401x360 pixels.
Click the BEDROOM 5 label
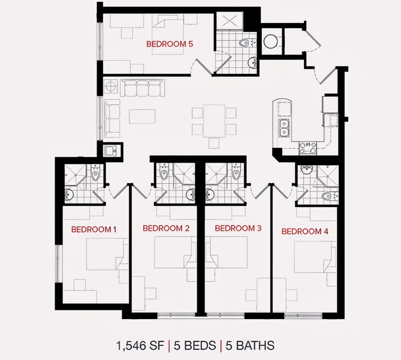(169, 44)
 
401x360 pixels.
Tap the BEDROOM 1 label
(94, 230)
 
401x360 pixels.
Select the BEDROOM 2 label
(166, 229)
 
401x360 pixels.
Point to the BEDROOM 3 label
(238, 229)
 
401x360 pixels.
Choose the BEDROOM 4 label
(305, 231)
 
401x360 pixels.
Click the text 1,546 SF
(140, 346)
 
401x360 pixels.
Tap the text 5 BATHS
(250, 346)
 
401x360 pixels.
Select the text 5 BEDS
(195, 346)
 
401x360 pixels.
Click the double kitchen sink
(284, 128)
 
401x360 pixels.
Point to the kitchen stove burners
(307, 148)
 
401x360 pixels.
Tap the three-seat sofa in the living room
(142, 88)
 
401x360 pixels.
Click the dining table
(214, 121)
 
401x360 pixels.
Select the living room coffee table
(142, 116)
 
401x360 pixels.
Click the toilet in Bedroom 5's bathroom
(247, 42)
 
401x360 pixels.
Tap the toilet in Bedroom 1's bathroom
(95, 172)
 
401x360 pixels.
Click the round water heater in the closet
(270, 41)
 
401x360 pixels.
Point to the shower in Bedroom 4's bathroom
(327, 176)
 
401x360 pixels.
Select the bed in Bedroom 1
(108, 254)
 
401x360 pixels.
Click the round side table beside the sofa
(111, 86)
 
